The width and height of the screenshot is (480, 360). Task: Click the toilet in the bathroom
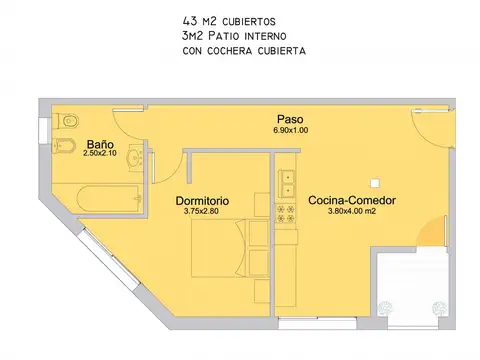tap(68, 120)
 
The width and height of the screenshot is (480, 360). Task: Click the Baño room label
tap(99, 143)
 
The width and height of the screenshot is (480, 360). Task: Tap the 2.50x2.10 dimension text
tap(100, 153)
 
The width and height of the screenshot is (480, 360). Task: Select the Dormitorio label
tap(202, 200)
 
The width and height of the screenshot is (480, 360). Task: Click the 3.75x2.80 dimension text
tap(202, 211)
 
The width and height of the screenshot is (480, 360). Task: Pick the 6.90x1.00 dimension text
tap(291, 130)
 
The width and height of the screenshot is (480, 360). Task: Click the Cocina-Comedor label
tap(352, 200)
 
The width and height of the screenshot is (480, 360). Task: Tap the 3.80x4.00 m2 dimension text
tap(352, 211)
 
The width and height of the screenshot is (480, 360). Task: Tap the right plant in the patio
tap(435, 309)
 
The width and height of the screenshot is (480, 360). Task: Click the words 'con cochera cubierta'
tap(244, 50)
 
